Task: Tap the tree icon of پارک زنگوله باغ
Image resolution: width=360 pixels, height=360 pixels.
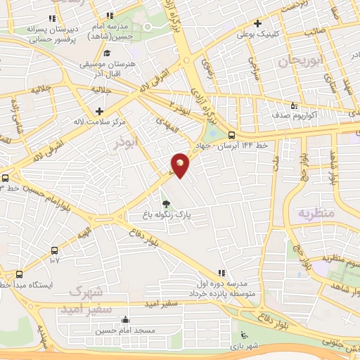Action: coord(166,204)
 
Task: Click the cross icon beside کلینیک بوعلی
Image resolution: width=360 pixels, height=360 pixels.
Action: coord(258,23)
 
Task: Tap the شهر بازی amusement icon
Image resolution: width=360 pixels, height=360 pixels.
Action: coord(244,335)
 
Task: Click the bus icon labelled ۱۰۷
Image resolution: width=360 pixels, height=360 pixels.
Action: coord(53,250)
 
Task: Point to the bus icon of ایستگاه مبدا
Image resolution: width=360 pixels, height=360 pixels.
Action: coord(19,275)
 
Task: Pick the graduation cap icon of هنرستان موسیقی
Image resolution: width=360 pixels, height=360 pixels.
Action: coord(107,53)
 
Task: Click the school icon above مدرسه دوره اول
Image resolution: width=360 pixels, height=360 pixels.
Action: coord(222,271)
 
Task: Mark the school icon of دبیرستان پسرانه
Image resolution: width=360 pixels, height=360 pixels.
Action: coord(51,19)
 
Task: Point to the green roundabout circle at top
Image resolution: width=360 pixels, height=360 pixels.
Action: coord(148,27)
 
